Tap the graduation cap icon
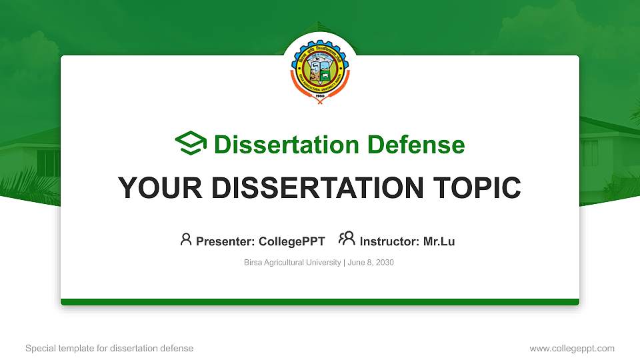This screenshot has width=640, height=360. (x=191, y=144)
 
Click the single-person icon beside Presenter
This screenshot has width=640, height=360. (x=186, y=239)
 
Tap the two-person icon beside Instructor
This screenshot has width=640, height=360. (x=347, y=239)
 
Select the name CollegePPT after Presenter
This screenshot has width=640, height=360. (x=291, y=241)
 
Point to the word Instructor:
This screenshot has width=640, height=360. (x=389, y=241)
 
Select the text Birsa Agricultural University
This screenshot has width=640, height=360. (x=292, y=263)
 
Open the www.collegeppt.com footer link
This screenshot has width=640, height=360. (x=571, y=348)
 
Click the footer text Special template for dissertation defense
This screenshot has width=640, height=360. (x=109, y=348)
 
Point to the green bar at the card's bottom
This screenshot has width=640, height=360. (x=320, y=302)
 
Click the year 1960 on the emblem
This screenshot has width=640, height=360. (x=320, y=97)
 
